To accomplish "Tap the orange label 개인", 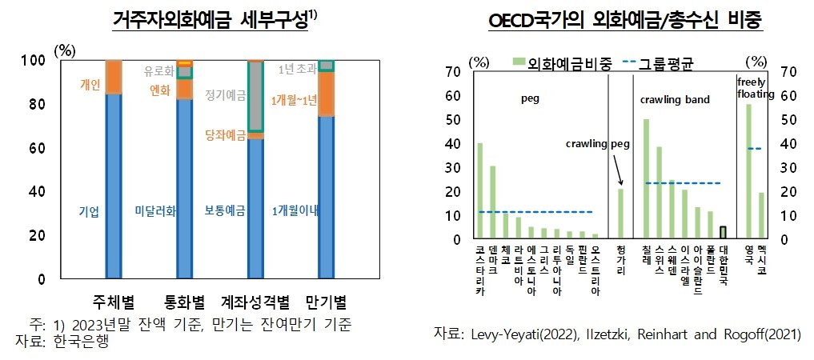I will [90, 84].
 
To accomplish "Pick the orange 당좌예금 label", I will [225, 134].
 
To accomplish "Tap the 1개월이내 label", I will [295, 211].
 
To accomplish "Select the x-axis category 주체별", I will [114, 302].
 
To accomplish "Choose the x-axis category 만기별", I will [326, 302].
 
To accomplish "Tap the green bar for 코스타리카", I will [479, 190].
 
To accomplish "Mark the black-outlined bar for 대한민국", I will [723, 232].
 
